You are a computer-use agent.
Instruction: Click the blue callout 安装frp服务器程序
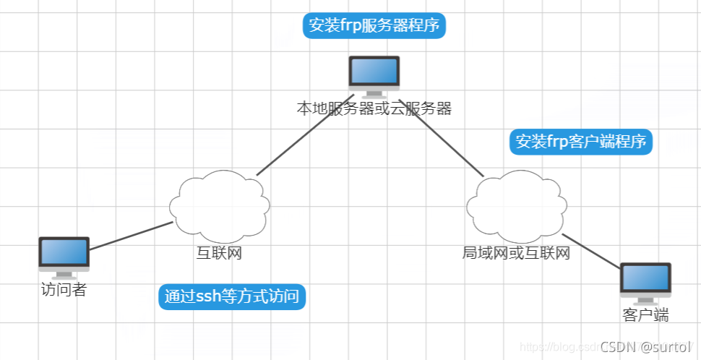(x=374, y=26)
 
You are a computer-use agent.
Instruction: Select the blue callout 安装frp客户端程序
(x=581, y=142)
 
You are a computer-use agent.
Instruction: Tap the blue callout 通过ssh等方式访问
(x=232, y=296)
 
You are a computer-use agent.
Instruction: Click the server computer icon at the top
(x=374, y=75)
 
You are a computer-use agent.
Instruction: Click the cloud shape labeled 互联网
(x=219, y=205)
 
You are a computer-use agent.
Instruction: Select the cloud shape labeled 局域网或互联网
(x=516, y=205)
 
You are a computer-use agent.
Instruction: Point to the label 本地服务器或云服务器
(x=374, y=108)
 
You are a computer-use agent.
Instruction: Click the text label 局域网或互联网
(x=516, y=253)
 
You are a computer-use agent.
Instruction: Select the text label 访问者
(x=64, y=289)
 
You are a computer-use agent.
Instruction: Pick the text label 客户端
(x=645, y=314)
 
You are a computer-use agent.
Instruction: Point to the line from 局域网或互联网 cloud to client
(x=591, y=252)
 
